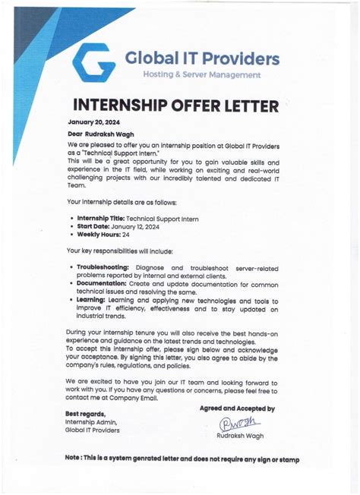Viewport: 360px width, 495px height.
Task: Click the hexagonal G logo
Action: click(95, 63)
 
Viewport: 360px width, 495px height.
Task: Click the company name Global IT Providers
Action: click(201, 58)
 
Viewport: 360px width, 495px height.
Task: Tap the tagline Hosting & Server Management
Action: click(201, 75)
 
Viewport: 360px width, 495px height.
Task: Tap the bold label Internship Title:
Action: click(101, 218)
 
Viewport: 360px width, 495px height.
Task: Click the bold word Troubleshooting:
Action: click(103, 267)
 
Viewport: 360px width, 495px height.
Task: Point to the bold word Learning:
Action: click(92, 301)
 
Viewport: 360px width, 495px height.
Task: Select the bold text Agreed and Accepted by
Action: click(236, 408)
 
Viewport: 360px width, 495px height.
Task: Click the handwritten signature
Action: click(238, 424)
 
